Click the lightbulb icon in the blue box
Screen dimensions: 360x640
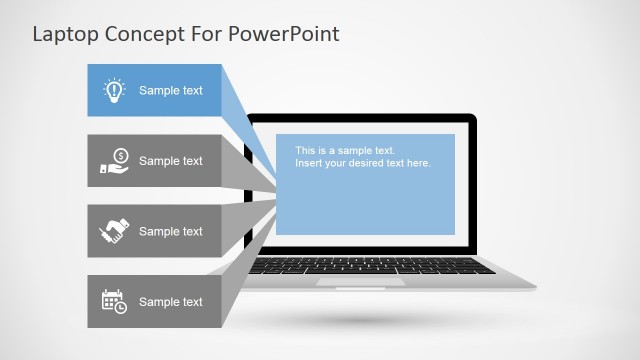pos(113,91)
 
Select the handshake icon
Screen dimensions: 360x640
pos(113,231)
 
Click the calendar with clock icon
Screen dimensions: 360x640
pos(113,301)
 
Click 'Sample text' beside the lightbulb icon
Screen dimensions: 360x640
pos(170,91)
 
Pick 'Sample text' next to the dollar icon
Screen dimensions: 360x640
pos(170,161)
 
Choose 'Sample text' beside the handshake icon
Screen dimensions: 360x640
pos(170,232)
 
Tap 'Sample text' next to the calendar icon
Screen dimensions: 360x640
pos(170,302)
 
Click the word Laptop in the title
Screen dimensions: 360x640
pos(65,35)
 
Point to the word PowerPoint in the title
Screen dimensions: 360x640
pos(285,35)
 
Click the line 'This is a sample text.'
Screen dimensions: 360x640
pos(345,151)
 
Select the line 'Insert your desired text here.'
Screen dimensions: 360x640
pos(362,163)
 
